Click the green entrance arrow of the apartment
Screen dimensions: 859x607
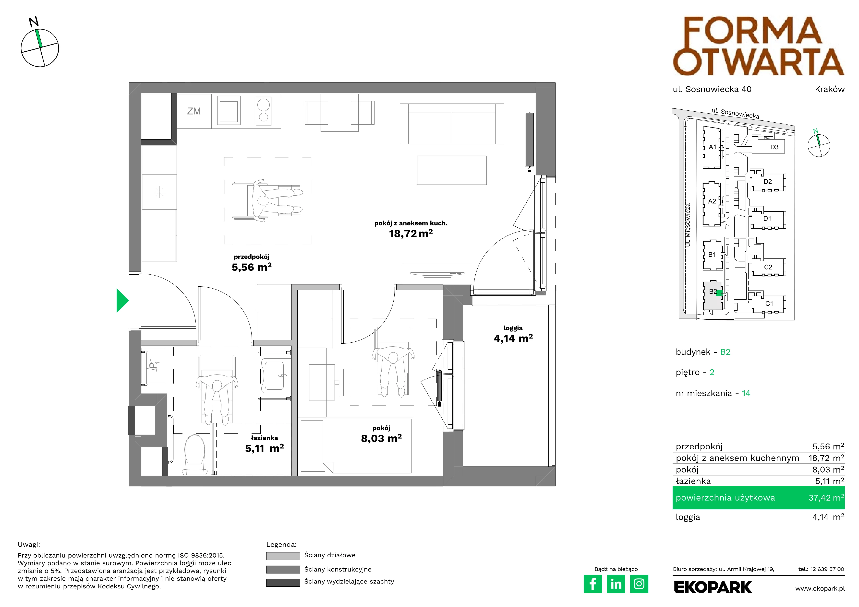[122, 301]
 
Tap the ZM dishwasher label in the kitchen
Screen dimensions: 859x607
[194, 111]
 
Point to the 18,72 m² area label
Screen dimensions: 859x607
[411, 233]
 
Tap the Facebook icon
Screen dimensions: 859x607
[593, 584]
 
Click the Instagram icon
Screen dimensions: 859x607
[639, 584]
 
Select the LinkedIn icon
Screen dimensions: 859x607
[616, 584]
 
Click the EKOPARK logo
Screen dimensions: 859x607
[713, 587]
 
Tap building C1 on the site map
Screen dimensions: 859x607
[769, 303]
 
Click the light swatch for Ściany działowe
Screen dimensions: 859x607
[283, 556]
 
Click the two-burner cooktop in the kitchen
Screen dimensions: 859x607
[263, 111]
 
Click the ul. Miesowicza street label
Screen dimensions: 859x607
[688, 225]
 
